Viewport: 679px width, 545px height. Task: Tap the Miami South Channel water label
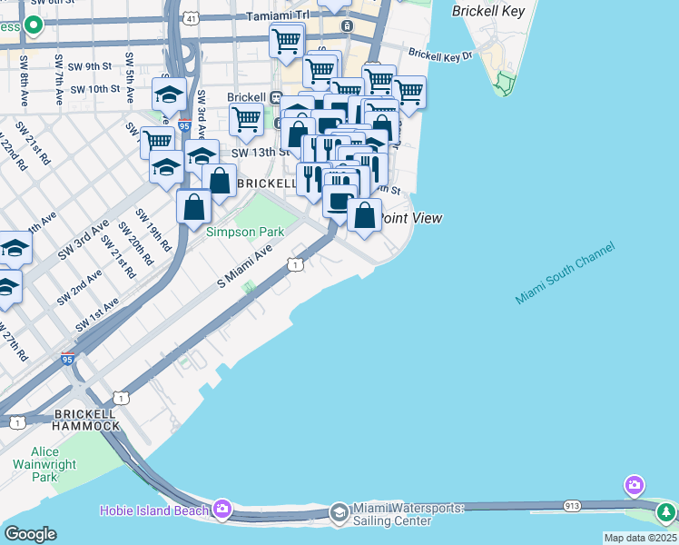click(565, 273)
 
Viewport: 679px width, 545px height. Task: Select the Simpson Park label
click(245, 232)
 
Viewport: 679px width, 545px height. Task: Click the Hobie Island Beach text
click(154, 510)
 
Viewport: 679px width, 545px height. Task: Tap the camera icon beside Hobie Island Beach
click(222, 509)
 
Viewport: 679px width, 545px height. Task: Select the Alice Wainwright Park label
click(44, 464)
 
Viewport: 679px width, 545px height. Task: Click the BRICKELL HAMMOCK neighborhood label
click(86, 420)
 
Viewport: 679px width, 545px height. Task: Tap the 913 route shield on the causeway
click(572, 505)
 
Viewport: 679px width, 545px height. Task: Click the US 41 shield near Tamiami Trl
click(189, 17)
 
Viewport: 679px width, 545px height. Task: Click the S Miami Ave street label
click(245, 270)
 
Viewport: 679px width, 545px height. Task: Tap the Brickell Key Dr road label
click(441, 54)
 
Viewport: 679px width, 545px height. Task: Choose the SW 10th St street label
click(94, 88)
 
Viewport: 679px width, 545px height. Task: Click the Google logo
click(30, 534)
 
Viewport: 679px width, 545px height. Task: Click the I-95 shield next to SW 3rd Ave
click(184, 126)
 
